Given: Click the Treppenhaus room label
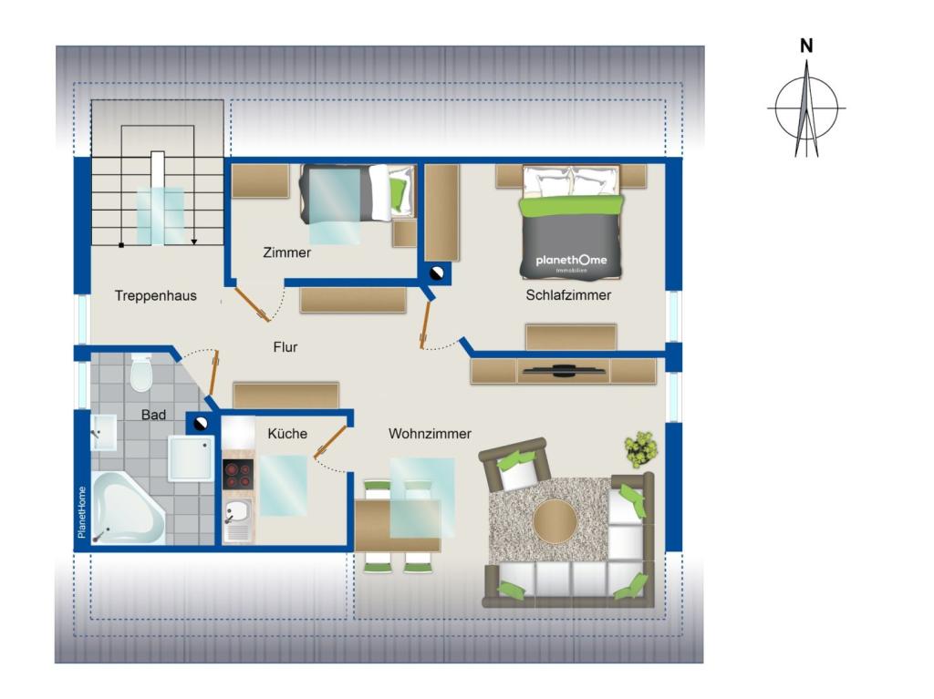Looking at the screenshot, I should [x=155, y=295].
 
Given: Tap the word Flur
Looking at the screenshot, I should [x=285, y=347].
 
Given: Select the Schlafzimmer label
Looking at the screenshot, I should [x=568, y=295].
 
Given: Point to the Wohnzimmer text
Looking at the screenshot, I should [x=430, y=434].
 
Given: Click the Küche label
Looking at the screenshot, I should [x=286, y=434].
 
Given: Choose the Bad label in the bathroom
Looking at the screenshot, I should [x=153, y=415].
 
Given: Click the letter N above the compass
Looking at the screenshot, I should [x=805, y=46].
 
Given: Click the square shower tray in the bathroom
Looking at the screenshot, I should [x=192, y=457].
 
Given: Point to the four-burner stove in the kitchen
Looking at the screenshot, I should [x=238, y=475].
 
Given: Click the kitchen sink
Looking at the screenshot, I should [x=237, y=522].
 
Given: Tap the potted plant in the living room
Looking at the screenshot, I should [x=640, y=448].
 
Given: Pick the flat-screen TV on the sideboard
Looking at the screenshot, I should [x=564, y=370].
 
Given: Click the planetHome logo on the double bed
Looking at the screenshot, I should [x=571, y=262].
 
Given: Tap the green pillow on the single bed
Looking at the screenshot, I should [x=397, y=192].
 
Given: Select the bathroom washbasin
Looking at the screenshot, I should [x=102, y=432].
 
